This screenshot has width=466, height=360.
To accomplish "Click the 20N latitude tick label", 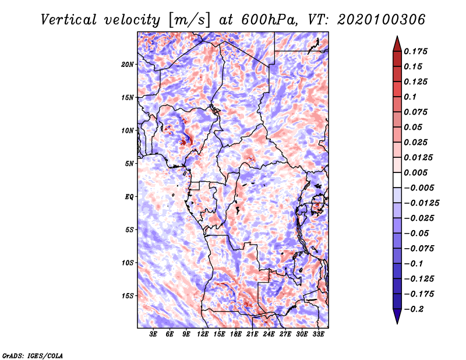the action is tap(128, 64).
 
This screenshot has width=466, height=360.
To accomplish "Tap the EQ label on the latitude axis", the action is tap(129, 197).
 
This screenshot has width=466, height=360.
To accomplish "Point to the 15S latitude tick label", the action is tap(128, 296).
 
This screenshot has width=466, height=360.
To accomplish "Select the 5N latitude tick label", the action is tap(129, 164).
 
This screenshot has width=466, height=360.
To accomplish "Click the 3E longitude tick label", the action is tap(153, 334).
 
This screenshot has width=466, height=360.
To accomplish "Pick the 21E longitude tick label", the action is tap(252, 334).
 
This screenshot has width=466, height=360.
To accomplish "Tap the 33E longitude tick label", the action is tap(318, 334).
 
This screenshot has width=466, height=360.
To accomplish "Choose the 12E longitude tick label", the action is tap(203, 334).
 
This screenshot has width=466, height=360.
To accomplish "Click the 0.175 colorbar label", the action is tap(415, 51).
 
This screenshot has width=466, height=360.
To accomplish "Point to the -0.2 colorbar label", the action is tap(414, 309).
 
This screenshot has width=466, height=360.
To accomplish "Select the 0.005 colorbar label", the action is tap(415, 172).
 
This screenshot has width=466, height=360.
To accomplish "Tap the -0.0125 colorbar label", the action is tap(421, 203).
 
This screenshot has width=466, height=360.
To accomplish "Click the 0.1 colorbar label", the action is tap(410, 97).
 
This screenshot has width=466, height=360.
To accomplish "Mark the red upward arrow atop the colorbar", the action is tap(397, 44).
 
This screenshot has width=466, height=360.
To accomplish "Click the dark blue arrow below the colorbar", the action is tap(397, 316).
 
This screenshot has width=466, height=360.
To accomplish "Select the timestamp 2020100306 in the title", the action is tap(382, 20).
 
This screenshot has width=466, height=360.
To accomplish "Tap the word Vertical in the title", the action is tap(69, 20).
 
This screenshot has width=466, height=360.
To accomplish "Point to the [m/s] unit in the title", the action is tap(189, 20).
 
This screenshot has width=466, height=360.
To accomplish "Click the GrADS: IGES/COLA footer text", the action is tap(33, 355).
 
